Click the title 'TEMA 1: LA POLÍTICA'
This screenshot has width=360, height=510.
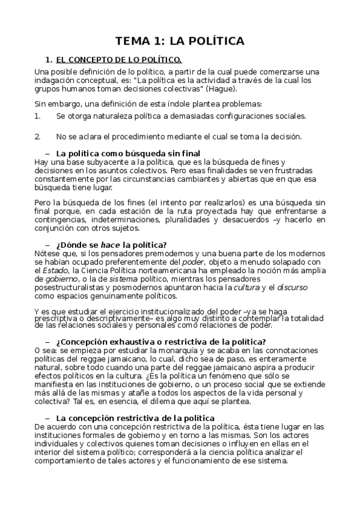(180, 41)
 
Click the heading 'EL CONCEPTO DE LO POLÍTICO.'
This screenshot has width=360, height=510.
(118, 60)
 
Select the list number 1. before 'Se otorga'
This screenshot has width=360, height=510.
(38, 115)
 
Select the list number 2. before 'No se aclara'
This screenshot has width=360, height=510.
(38, 136)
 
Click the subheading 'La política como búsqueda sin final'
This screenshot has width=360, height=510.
(128, 153)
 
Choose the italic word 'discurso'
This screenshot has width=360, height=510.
(292, 287)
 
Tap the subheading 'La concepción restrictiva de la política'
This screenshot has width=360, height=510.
(135, 417)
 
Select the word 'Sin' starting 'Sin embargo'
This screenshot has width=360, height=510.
(40, 103)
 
